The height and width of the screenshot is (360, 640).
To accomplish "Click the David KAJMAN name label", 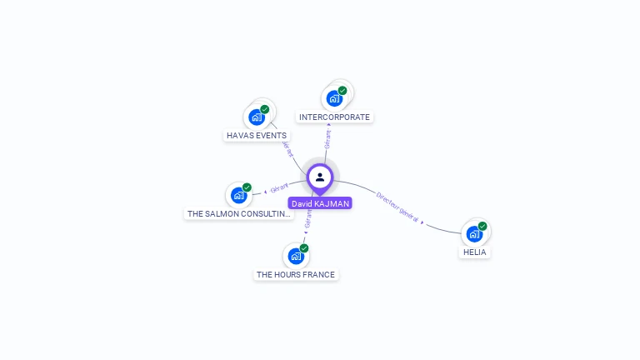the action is coord(320,203).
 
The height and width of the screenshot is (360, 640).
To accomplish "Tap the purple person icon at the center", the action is coord(320,177).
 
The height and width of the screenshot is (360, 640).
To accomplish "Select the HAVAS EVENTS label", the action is coord(257,135).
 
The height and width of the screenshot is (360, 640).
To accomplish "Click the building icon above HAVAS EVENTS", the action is coord(256,117).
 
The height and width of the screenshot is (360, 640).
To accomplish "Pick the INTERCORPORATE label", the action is coord(334,117).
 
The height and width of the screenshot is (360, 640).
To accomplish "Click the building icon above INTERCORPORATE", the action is coord(334,98).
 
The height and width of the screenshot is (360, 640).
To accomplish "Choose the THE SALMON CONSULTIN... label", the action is coord(239,213).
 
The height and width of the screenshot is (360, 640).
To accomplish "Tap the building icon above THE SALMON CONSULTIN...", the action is coord(238,196).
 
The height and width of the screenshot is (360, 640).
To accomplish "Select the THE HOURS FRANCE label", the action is coord(296,274).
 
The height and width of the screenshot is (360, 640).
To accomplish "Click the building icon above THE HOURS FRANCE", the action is coord(295,256).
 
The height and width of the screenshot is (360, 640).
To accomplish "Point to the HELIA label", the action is coord(475,252).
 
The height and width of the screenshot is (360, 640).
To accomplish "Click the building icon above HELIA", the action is coord(474,234).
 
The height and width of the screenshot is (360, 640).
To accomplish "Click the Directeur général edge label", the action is coord(397,206).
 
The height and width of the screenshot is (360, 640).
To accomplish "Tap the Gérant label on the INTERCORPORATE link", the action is coord(328,139).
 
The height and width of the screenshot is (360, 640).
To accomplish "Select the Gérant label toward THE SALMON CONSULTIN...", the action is coord(279,187).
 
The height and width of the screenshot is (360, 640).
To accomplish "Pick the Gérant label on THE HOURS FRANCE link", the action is coord(308,218).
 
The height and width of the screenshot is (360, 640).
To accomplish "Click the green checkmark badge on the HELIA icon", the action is coord(482,226).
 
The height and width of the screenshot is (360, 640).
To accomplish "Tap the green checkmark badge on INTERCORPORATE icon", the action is coord(342,90).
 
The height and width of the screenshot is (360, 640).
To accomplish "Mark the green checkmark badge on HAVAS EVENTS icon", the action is coord(264,109).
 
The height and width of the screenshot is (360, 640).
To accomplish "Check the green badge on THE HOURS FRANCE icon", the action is coord(304,248).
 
